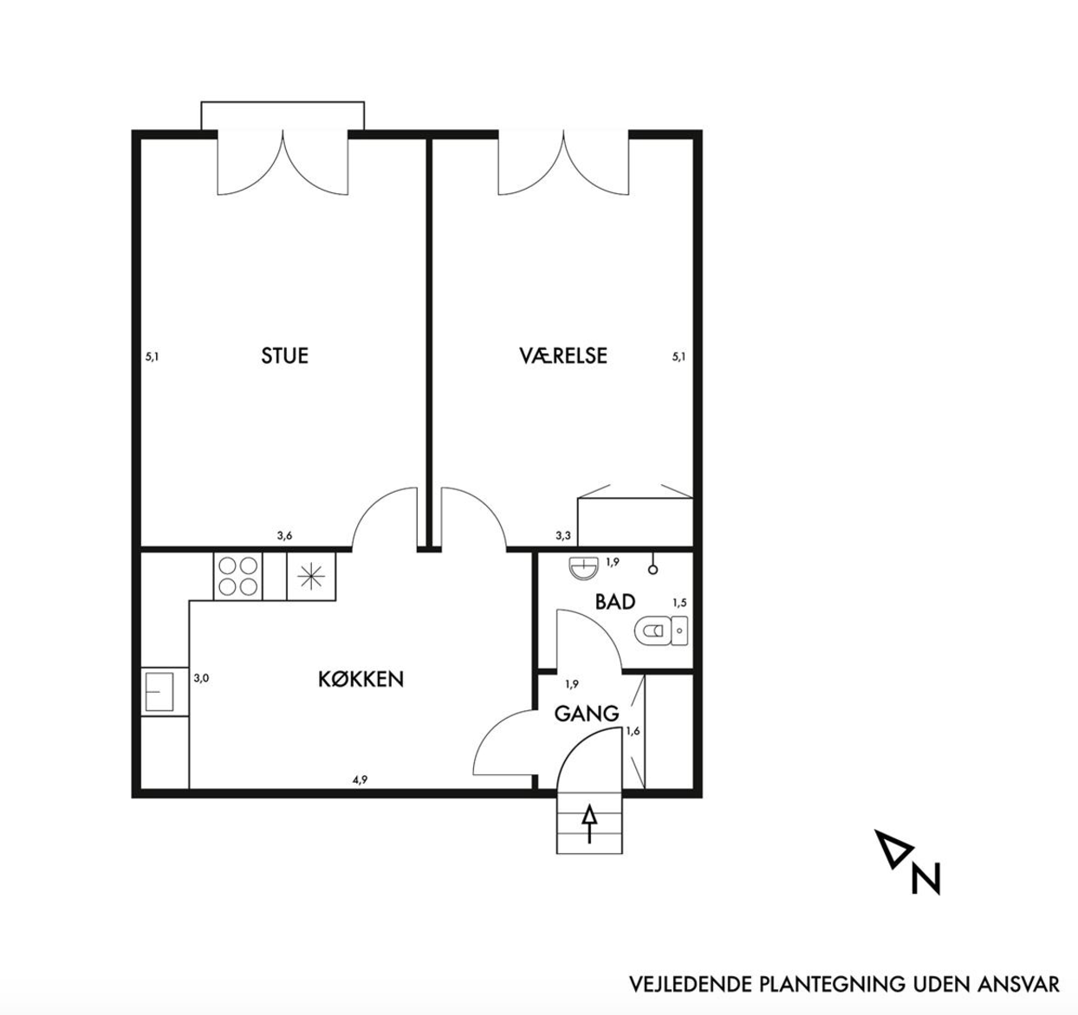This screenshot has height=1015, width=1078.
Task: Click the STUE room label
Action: coord(284,356)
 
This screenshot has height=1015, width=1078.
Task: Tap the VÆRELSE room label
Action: coord(563,356)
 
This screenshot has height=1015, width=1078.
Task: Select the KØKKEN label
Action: coord(361,679)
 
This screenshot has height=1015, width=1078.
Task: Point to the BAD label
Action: coord(615,602)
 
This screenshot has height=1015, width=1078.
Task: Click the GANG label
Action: coord(587,714)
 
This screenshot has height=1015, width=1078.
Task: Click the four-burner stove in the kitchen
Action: coord(237,576)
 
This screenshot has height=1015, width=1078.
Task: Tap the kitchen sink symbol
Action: coord(159,692)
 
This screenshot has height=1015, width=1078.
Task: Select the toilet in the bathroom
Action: coord(660,631)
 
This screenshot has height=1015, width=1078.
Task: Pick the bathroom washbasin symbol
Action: coord(583,568)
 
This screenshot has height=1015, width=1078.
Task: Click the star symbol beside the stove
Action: coord(311,576)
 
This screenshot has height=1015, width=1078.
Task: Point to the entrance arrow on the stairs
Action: coord(589,824)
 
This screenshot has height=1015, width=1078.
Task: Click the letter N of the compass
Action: coord(925,878)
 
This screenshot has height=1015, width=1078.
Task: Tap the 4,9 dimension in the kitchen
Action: coord(360,780)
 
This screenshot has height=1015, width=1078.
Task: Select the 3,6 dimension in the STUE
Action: coord(284,536)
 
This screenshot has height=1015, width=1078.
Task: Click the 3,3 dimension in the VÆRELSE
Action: coord(563,536)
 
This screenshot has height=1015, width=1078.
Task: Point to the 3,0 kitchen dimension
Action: coord(201,678)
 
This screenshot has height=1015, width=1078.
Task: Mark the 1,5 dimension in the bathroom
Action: coord(679,603)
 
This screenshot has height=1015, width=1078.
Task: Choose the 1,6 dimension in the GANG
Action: coord(633,731)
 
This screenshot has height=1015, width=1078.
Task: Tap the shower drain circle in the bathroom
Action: coord(653,570)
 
